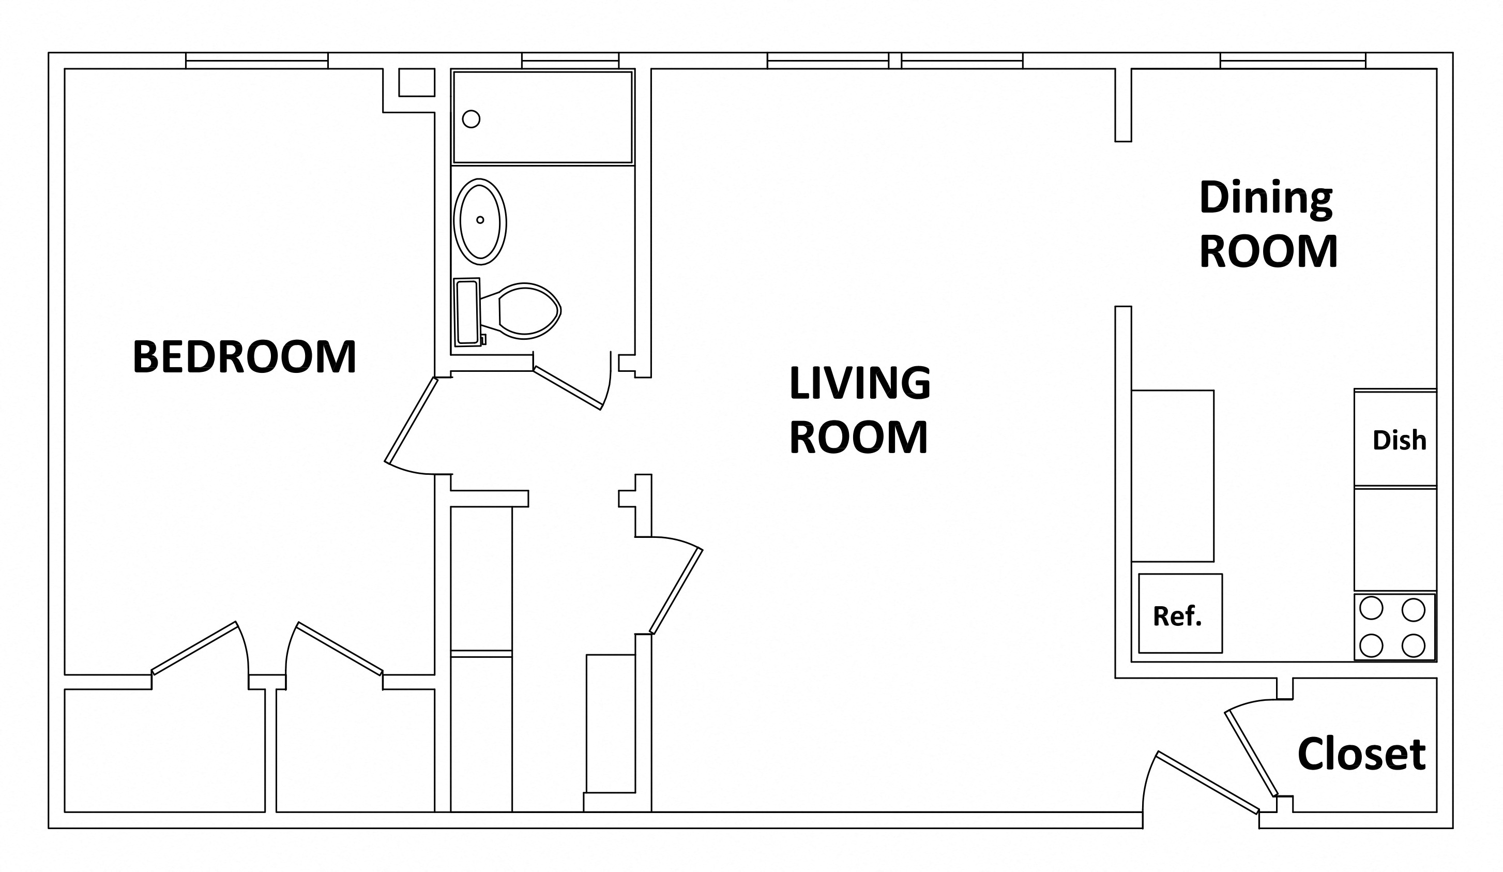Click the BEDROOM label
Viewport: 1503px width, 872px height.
244,357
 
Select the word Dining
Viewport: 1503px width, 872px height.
1266,199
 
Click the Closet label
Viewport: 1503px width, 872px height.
1361,755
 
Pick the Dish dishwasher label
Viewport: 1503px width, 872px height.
1399,440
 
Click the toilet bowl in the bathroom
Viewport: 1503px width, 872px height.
527,310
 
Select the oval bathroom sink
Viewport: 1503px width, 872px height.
480,221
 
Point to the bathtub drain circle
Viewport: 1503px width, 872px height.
471,118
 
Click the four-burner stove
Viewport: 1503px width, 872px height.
1394,627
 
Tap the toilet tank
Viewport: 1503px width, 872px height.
466,312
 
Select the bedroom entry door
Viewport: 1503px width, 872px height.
412,420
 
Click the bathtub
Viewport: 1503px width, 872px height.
543,117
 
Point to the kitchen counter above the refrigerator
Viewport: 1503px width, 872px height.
1172,476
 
